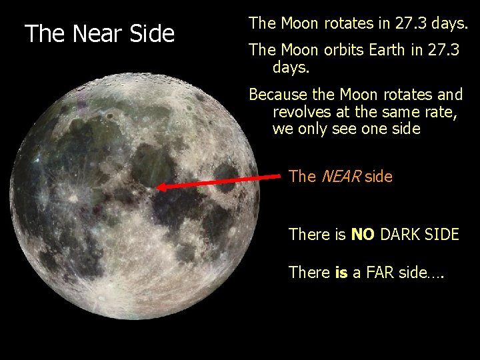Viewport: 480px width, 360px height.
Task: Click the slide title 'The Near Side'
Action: (x=99, y=33)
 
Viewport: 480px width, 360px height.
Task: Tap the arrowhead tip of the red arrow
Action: (x=158, y=189)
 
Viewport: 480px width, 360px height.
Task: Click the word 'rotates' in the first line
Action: (x=349, y=23)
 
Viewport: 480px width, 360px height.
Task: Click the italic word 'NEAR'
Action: (x=340, y=177)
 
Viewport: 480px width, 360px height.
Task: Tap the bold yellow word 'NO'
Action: (x=363, y=235)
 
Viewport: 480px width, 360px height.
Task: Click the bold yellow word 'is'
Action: (x=341, y=272)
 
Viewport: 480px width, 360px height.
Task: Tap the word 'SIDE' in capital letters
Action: (x=443, y=235)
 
